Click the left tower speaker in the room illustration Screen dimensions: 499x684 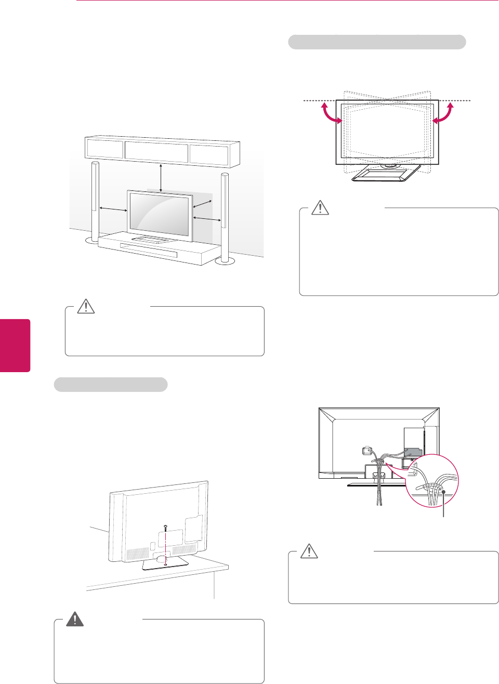[95, 203]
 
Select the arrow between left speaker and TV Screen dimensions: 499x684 [113, 209]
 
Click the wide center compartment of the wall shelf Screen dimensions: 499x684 [156, 150]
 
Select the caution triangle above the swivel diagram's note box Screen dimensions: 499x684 [320, 208]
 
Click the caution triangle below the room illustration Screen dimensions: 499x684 [86, 307]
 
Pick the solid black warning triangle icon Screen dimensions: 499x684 [75, 619]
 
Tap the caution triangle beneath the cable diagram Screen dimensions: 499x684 [309, 551]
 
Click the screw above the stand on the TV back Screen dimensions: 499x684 [165, 527]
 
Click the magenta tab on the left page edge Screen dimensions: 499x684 [15, 345]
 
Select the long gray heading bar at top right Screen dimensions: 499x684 [377, 42]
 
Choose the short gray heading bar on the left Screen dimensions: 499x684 [111, 384]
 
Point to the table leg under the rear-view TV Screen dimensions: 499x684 [214, 587]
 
